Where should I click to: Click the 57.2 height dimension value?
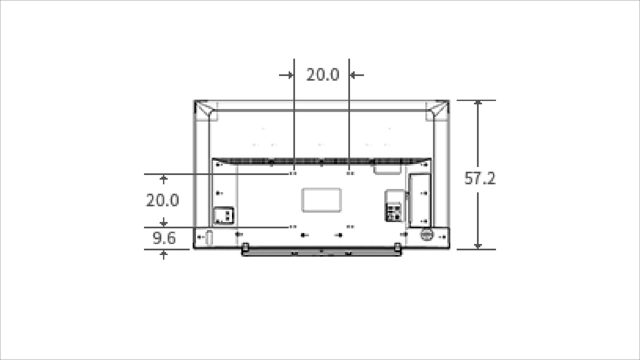[x=480, y=179]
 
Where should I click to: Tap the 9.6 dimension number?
[x=164, y=238]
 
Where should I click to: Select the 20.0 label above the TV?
[x=322, y=75]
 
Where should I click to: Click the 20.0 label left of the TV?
[x=162, y=200]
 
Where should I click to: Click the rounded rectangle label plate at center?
[x=321, y=200]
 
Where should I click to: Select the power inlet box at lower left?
[x=223, y=215]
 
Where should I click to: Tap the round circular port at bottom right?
[x=426, y=234]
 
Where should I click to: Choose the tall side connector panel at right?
[x=419, y=201]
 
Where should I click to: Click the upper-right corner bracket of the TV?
[x=438, y=109]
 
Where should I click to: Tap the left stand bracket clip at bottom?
[x=245, y=247]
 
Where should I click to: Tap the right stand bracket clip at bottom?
[x=397, y=247]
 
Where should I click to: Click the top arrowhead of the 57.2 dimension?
[x=478, y=103]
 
